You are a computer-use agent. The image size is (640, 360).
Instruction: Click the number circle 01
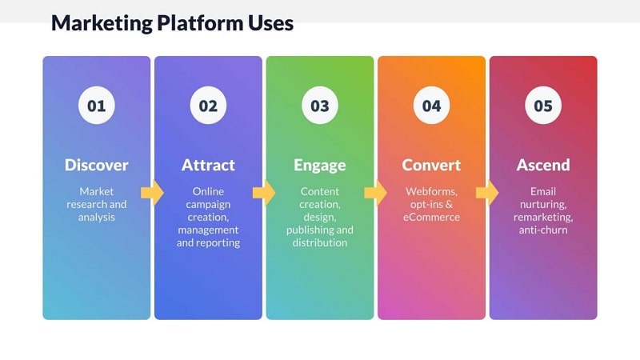click(x=96, y=106)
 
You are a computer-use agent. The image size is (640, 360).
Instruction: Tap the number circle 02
click(x=208, y=106)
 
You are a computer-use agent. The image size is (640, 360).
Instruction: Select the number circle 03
click(x=320, y=106)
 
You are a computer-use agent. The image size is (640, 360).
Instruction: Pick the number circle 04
click(x=431, y=106)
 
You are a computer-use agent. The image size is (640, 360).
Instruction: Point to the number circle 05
click(x=543, y=106)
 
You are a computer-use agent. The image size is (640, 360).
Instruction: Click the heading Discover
click(x=96, y=166)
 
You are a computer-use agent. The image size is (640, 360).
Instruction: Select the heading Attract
click(x=208, y=166)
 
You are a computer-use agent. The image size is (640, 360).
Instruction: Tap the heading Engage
click(x=320, y=166)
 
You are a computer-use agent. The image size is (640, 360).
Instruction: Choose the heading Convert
click(x=431, y=166)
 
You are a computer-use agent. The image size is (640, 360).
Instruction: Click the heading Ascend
click(x=543, y=166)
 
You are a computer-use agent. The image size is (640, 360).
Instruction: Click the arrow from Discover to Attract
click(x=152, y=193)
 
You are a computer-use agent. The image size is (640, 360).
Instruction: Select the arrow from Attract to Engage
click(x=264, y=193)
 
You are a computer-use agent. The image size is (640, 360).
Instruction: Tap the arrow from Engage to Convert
click(x=375, y=193)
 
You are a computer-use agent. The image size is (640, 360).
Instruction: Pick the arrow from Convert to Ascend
click(x=487, y=193)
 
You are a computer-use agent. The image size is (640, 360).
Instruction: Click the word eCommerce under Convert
click(x=431, y=217)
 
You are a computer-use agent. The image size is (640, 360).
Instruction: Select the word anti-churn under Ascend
click(x=543, y=230)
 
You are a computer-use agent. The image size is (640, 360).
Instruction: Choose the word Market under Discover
click(x=96, y=191)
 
